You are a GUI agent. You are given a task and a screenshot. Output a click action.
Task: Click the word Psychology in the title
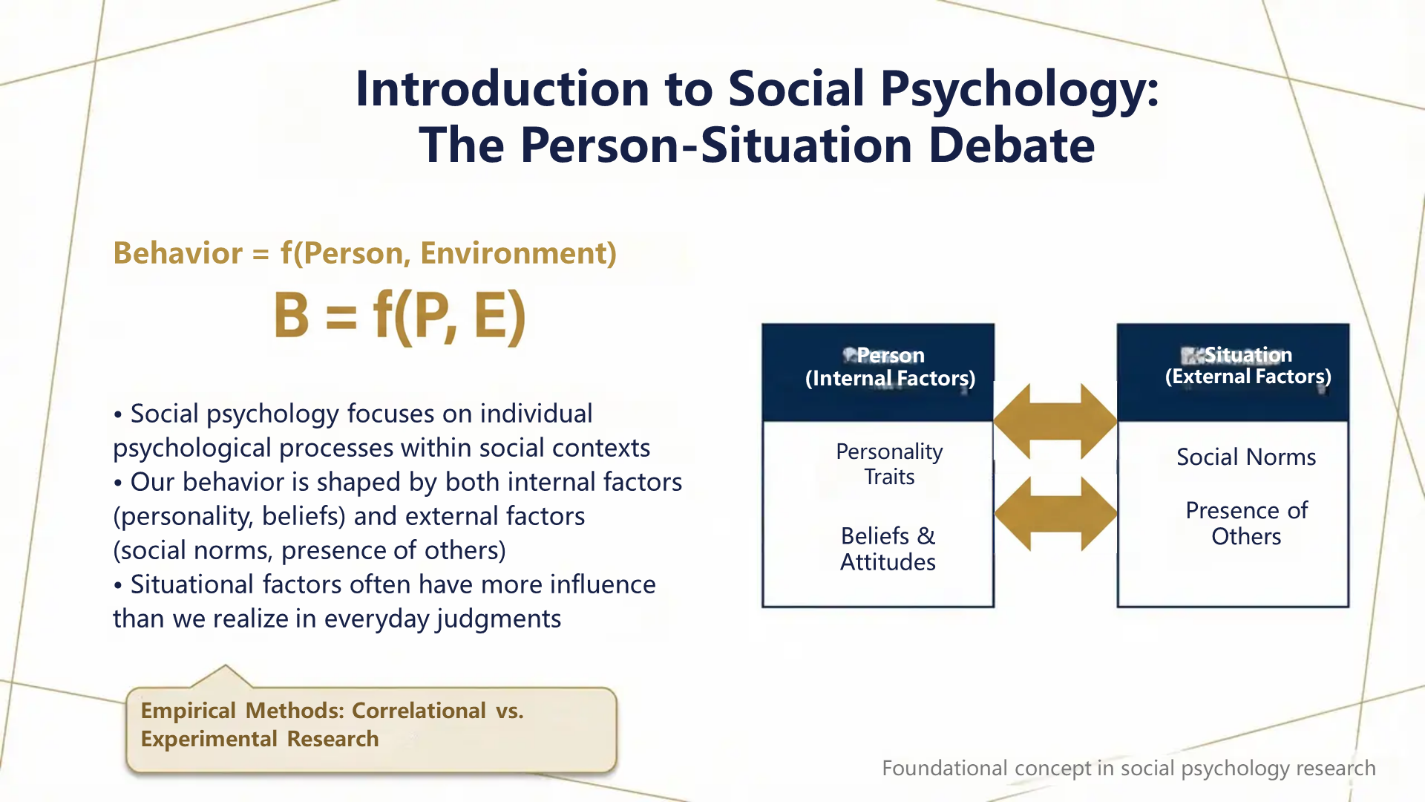1019,89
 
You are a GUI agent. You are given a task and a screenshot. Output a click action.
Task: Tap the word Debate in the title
1012,145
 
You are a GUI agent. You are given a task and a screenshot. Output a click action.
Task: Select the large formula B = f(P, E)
400,316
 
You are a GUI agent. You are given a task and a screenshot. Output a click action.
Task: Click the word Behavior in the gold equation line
177,253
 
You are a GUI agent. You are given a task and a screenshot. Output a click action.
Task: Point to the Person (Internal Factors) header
889,367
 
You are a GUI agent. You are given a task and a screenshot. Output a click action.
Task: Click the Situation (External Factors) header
1248,365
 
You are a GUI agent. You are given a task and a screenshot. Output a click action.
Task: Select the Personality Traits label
889,464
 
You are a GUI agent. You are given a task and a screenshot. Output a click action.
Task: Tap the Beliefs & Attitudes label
888,549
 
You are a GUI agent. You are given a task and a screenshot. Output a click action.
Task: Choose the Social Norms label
1246,457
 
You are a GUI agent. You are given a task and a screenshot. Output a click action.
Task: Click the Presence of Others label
1246,524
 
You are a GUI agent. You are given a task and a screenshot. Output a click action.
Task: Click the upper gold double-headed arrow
1055,421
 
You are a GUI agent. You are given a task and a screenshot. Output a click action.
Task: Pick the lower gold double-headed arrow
1055,513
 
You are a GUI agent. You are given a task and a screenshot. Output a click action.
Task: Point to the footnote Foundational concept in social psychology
1128,768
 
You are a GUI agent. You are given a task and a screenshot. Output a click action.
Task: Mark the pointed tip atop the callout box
225,666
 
